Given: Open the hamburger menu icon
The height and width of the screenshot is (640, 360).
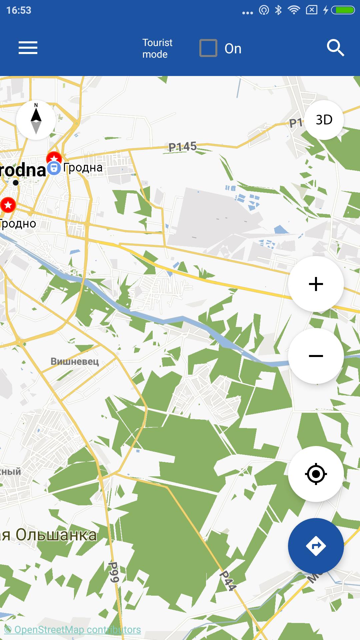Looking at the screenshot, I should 28,48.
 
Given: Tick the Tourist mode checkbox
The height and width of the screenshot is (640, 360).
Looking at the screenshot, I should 208,48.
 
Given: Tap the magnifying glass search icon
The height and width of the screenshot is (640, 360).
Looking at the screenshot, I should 335,48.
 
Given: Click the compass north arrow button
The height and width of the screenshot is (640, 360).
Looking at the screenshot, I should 36,120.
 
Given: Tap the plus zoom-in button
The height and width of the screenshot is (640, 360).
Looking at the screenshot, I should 316,284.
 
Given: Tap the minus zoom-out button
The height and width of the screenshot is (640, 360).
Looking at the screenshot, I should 316,356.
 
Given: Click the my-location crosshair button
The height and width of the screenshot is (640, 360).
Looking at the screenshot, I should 316,474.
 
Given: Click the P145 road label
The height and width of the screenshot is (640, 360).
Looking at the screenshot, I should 182,147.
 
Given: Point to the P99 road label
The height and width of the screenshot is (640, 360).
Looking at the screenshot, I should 114,572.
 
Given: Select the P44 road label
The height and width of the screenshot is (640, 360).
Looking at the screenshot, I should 228,580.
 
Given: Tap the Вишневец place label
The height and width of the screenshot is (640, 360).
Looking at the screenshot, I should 75,361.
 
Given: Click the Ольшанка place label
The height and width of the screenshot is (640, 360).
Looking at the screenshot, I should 56,535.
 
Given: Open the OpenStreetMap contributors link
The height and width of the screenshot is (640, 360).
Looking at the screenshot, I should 73,630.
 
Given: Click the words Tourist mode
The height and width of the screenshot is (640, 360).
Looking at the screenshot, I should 157,48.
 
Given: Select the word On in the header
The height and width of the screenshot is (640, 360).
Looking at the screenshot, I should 233,49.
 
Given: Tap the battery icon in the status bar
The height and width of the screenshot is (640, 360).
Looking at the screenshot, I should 345,10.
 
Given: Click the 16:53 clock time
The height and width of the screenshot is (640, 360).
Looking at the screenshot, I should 19,10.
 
